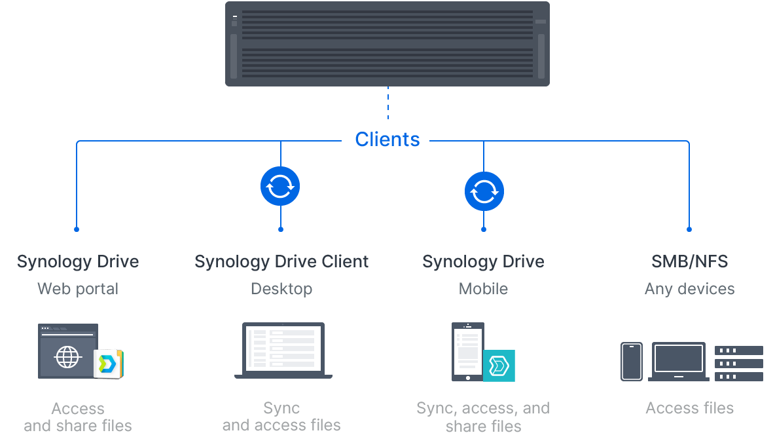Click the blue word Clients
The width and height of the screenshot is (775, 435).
(387, 140)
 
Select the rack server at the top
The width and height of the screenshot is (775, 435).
(387, 44)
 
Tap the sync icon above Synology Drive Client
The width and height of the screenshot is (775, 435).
(280, 187)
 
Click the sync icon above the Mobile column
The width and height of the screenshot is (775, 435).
(484, 191)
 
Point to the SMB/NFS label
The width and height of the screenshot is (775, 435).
(689, 261)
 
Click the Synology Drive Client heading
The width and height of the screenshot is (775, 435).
(281, 261)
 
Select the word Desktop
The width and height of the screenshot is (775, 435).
(281, 289)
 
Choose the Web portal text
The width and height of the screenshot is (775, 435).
(78, 289)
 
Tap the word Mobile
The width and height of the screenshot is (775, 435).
(483, 289)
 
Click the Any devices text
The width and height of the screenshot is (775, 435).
(689, 289)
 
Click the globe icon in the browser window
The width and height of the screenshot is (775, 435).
(67, 358)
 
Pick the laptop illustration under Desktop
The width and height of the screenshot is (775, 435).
(283, 350)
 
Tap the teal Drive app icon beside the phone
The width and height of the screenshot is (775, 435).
(499, 366)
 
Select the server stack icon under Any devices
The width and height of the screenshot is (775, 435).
(738, 363)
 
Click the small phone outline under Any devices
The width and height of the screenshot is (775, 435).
(632, 362)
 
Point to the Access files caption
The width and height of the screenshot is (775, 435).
(689, 408)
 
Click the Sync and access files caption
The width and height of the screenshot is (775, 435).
(281, 417)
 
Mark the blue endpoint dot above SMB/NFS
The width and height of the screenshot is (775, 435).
(689, 229)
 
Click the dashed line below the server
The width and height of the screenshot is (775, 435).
(387, 103)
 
